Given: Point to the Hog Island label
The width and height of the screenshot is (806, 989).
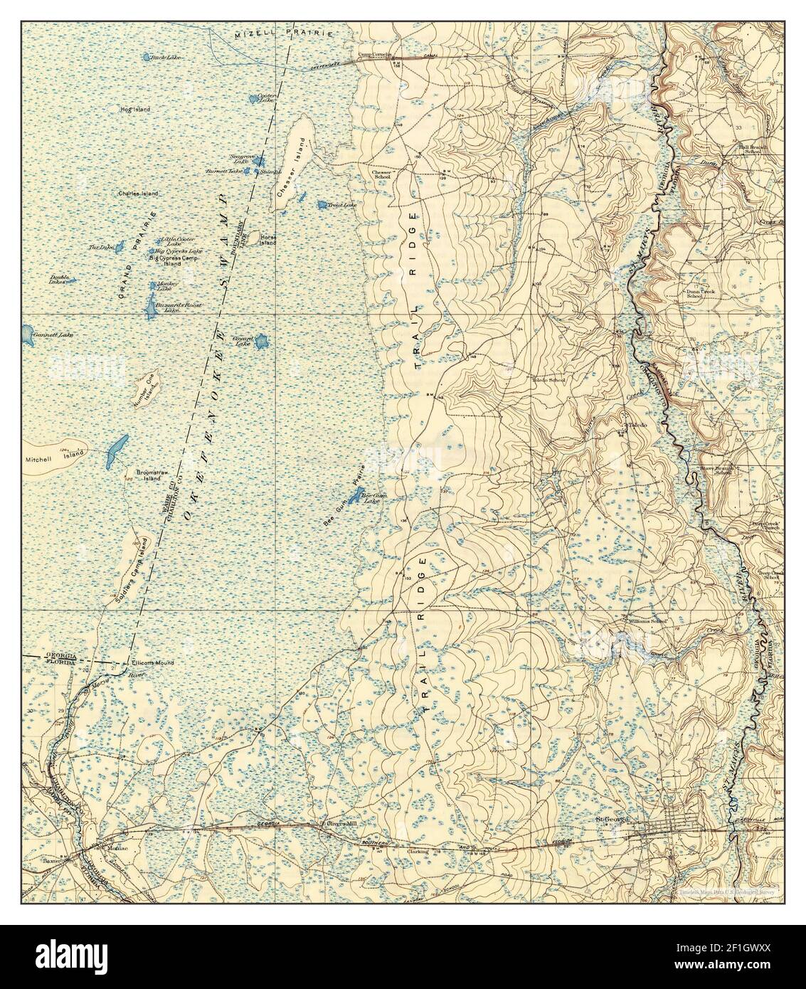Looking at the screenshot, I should click(135, 109).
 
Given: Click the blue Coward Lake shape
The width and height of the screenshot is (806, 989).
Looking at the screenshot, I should click(261, 343).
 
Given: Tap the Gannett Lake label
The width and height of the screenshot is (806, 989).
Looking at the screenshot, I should click(54, 334).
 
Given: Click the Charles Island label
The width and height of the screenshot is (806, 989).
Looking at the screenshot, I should click(138, 193).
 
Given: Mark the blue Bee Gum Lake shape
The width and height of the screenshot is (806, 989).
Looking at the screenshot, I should click(354, 494).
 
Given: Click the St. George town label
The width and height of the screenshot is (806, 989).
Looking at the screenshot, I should click(611, 819).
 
